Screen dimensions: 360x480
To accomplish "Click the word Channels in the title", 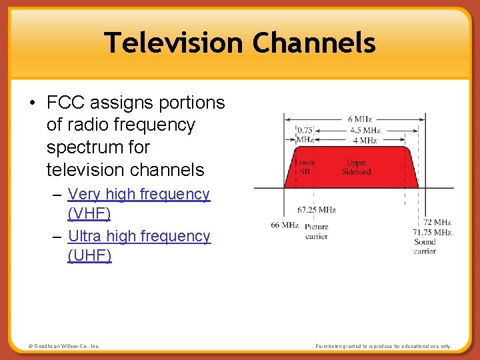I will click(314, 43).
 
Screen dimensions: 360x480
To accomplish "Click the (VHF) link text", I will click(89, 214).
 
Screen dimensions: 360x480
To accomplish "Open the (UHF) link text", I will click(90, 256).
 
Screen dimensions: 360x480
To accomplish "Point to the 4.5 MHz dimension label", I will click(365, 130).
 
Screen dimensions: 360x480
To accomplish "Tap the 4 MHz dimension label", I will click(365, 140).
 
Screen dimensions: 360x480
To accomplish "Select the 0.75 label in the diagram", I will click(305, 130).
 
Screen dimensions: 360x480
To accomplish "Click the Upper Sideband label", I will click(357, 167).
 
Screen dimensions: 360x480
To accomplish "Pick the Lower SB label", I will click(305, 167).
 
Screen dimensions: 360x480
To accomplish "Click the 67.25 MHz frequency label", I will click(317, 210).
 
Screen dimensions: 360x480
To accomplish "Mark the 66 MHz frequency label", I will click(285, 225).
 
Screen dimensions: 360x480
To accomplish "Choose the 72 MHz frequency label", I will click(437, 222).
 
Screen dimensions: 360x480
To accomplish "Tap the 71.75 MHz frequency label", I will click(432, 232).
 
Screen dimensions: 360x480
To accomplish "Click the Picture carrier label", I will click(317, 231).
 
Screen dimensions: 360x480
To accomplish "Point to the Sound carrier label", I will click(425, 247).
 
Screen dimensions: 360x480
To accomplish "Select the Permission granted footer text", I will click(383, 347).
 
